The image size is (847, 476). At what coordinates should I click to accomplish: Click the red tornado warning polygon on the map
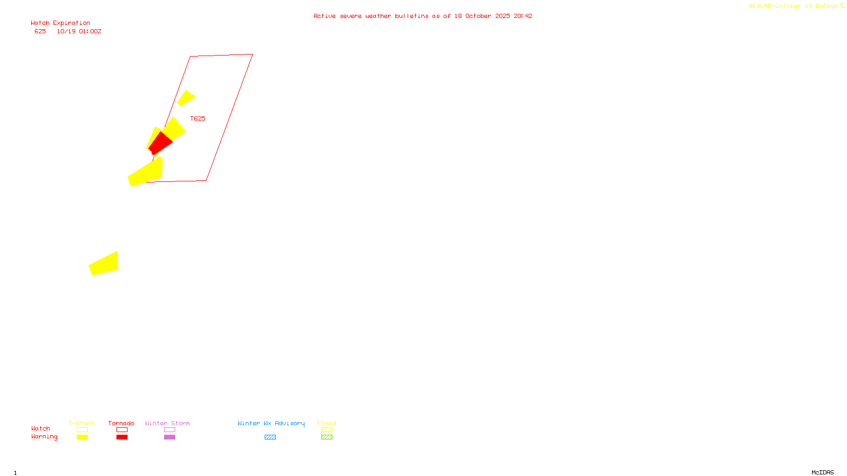coord(160,143)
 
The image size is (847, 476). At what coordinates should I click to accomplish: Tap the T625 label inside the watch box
coord(197,118)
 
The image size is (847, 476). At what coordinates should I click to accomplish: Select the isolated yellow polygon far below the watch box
coord(104,263)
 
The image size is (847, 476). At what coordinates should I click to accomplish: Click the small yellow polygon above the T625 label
coord(186,98)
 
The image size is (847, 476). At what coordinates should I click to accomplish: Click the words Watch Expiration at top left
coord(60,23)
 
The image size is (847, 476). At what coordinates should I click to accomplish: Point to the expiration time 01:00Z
coord(90,32)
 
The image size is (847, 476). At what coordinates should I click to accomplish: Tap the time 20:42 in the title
coord(522,16)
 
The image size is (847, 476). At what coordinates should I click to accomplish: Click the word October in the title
coord(478,16)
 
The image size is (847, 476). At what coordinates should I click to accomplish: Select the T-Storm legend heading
coord(82,423)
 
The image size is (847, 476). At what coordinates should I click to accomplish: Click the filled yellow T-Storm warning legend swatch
coord(82,437)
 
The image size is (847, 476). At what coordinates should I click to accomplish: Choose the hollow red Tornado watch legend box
coord(122,430)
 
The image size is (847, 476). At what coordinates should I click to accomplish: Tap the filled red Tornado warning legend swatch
coord(122,437)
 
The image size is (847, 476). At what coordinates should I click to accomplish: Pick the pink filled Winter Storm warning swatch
coord(169,437)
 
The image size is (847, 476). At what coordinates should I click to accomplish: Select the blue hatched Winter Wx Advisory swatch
coord(270,437)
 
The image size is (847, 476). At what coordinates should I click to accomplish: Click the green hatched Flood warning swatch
coord(327,437)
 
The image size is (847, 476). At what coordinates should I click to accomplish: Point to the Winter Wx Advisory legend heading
coord(271,423)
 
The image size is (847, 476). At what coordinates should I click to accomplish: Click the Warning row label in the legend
coord(44,437)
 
